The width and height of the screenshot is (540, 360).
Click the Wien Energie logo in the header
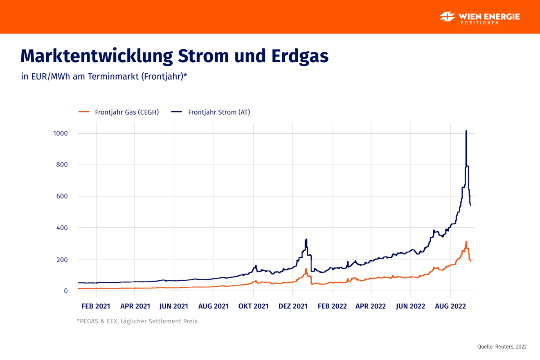(x=479, y=18)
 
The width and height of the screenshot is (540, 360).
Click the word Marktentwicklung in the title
(x=96, y=56)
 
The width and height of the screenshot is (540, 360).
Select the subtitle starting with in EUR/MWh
(x=104, y=76)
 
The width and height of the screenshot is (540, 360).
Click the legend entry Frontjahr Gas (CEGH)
(x=119, y=112)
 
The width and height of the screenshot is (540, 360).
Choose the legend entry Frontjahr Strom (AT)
(x=211, y=112)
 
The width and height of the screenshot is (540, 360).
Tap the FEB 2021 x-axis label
(x=96, y=306)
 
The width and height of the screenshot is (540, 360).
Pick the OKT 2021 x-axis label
(x=254, y=306)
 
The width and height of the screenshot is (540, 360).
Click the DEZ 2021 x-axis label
(x=293, y=306)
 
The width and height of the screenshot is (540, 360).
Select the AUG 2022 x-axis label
(x=450, y=306)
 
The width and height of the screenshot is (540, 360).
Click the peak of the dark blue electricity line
(x=466, y=131)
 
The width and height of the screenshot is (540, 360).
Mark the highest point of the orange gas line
(x=466, y=242)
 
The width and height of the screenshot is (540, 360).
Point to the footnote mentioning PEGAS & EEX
(x=137, y=321)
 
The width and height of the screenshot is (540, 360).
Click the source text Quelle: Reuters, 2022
(x=502, y=346)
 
